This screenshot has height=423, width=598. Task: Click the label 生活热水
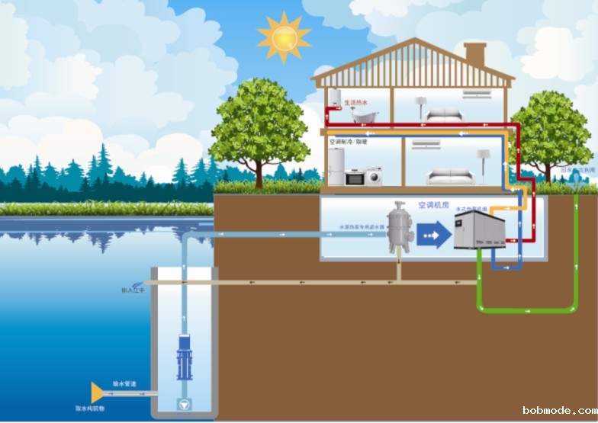click(x=355, y=101)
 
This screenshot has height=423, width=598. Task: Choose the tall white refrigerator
click(x=336, y=167)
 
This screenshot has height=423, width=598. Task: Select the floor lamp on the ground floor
click(x=482, y=164)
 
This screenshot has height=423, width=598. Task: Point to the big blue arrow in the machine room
click(x=435, y=235)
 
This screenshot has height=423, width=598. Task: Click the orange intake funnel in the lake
click(x=97, y=393)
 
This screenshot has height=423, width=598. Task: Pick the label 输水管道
click(x=124, y=384)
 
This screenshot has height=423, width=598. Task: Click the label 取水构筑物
click(x=91, y=409)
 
